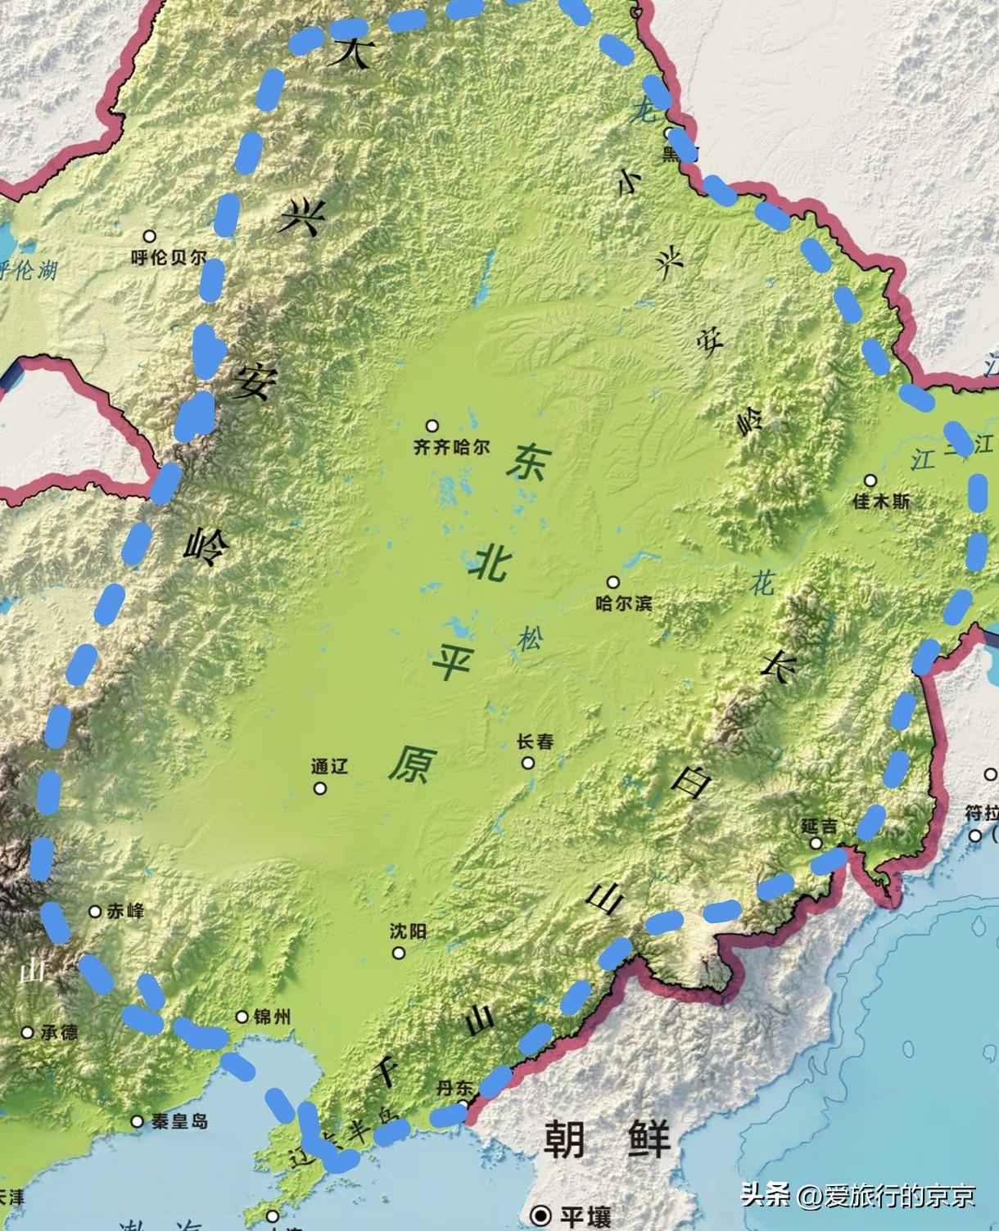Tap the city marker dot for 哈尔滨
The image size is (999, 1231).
click(613, 582)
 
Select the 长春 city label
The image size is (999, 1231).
click(536, 742)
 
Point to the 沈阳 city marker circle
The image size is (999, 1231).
click(399, 953)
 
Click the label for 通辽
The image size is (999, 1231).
click(330, 767)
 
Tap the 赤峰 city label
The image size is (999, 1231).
click(125, 911)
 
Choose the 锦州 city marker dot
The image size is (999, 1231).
click(242, 1017)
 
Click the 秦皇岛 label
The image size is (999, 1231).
click(179, 1121)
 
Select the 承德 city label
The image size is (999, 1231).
click(59, 1032)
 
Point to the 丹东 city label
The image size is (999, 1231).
click(454, 1088)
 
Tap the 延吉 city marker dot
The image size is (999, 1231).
click(816, 843)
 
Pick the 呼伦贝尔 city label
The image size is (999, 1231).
click(169, 257)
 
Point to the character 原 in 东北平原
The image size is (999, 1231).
click(409, 764)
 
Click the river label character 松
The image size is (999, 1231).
click(529, 640)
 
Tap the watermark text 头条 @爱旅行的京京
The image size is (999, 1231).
click(858, 1196)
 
